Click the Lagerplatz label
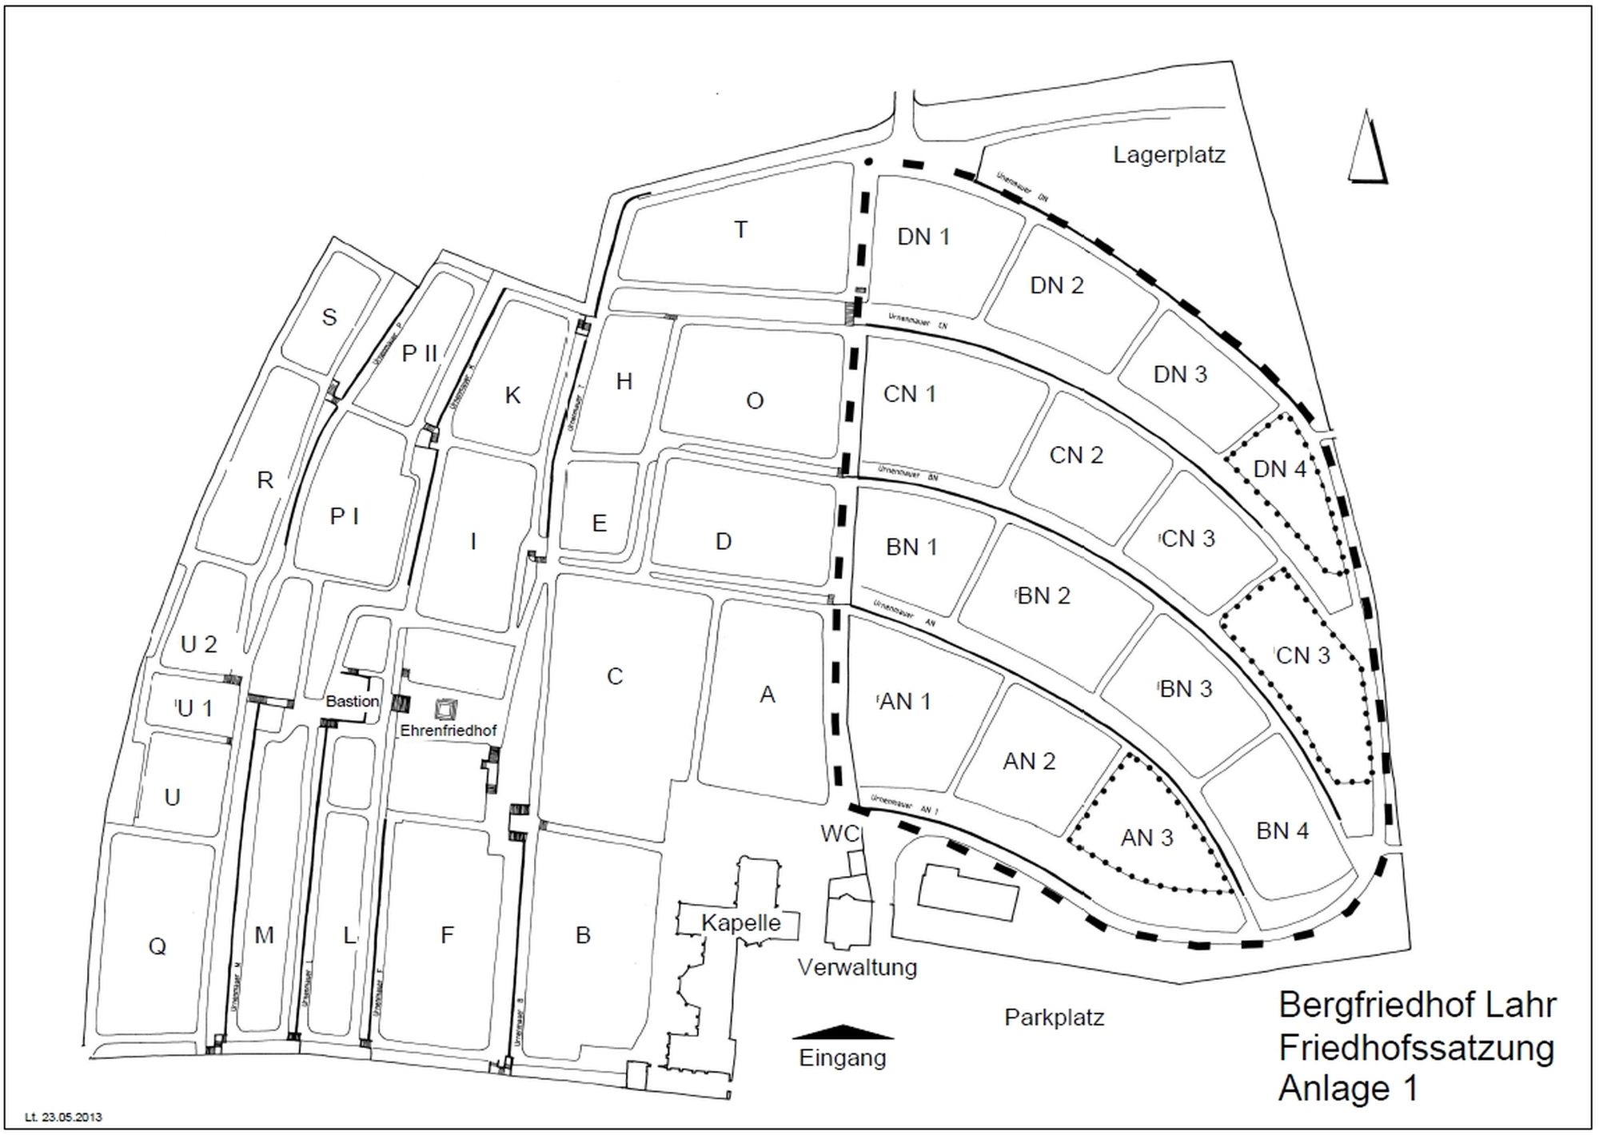[x=1169, y=154]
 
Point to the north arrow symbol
[x=1367, y=148]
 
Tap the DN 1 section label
[x=923, y=237]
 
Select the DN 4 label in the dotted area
[x=1279, y=468]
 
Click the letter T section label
[x=741, y=230]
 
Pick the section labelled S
[x=329, y=317]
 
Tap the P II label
[x=420, y=352]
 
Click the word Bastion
[x=353, y=701]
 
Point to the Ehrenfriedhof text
[x=449, y=731]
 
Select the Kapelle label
[x=741, y=922]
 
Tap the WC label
[x=839, y=834]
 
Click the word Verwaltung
[x=857, y=967]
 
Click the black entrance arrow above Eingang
[x=843, y=1032]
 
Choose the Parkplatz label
[x=1054, y=1018]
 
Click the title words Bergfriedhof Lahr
[x=1418, y=1005]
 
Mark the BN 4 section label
[x=1282, y=830]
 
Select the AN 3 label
[x=1146, y=837]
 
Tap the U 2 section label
[x=198, y=643]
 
